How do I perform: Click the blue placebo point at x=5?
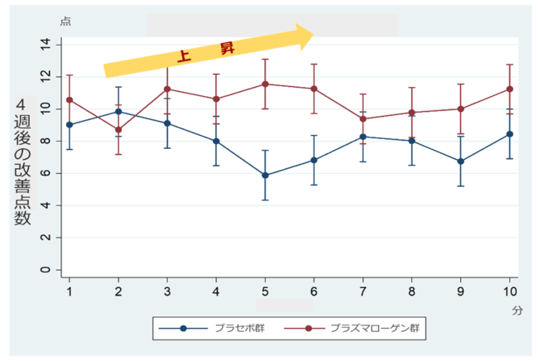pyautogui.click(x=265, y=176)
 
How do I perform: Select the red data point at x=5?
pyautogui.click(x=265, y=84)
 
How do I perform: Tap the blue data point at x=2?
pyautogui.click(x=118, y=111)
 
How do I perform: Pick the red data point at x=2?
pyautogui.click(x=118, y=130)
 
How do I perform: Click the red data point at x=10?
pyautogui.click(x=510, y=89)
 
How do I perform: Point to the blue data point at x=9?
pyautogui.click(x=461, y=161)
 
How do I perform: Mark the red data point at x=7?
pyautogui.click(x=363, y=118)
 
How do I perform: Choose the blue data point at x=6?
pyautogui.click(x=314, y=160)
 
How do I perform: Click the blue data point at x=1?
pyautogui.click(x=70, y=125)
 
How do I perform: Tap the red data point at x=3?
pyautogui.click(x=167, y=89)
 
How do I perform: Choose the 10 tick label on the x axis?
pyautogui.click(x=510, y=291)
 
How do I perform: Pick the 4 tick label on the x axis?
pyautogui.click(x=216, y=291)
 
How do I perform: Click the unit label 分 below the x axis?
pyautogui.click(x=516, y=308)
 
